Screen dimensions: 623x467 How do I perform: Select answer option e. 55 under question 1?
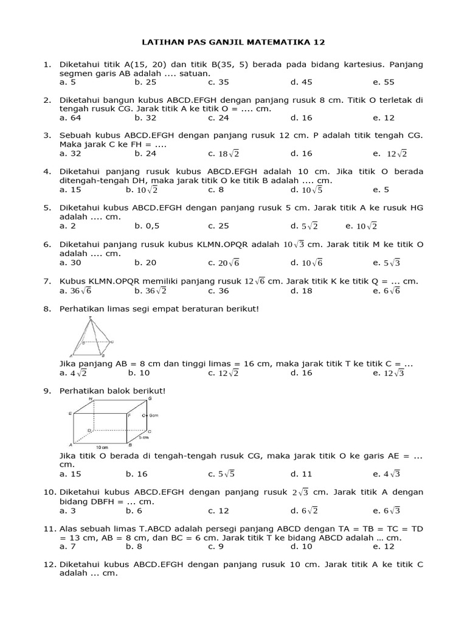pyautogui.click(x=384, y=82)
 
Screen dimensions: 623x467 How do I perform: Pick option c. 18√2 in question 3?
pyautogui.click(x=223, y=154)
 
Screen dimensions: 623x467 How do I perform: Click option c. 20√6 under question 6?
pyautogui.click(x=223, y=263)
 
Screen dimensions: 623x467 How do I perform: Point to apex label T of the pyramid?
pyautogui.click(x=86, y=318)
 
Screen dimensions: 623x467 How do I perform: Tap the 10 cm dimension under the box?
pyautogui.click(x=101, y=448)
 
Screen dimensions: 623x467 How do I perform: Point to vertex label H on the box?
pyautogui.click(x=91, y=399)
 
